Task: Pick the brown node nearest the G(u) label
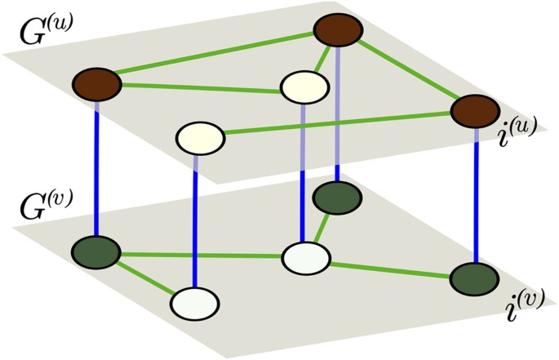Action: (96, 83)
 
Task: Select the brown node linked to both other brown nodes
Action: (338, 32)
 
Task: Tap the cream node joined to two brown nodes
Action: (304, 87)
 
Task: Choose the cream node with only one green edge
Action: (200, 136)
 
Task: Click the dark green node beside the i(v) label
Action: (474, 278)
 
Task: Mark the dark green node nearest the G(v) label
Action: (96, 251)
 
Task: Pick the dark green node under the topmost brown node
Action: (338, 196)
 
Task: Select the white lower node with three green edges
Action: (305, 258)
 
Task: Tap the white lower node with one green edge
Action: (195, 302)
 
